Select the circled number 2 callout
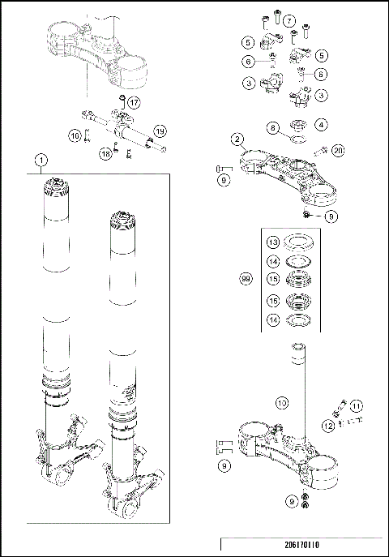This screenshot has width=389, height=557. (237, 139)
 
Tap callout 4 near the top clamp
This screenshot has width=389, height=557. (323, 125)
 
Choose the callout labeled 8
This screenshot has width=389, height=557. (272, 127)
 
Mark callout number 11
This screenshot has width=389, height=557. (356, 405)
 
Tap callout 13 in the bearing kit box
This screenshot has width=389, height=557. (275, 242)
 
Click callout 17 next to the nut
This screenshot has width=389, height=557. (135, 102)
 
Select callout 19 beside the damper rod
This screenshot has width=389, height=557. (160, 131)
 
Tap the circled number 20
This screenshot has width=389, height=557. (338, 149)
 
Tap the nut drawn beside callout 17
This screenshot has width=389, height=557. (120, 101)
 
